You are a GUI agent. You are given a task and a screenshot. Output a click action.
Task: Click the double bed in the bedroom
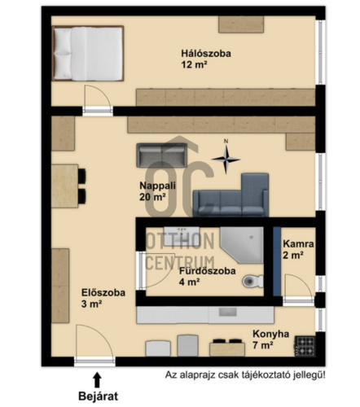88,54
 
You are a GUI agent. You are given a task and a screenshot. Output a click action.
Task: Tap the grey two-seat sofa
162,155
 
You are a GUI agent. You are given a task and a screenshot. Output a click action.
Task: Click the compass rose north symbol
226,159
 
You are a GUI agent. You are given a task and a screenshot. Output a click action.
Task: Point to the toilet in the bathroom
252,282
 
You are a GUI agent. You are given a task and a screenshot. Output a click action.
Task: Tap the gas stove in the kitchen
305,346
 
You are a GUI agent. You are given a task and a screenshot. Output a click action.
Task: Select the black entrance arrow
97,380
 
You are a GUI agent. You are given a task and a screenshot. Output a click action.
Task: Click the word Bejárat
99,396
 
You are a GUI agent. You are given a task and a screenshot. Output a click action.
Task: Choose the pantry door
298,288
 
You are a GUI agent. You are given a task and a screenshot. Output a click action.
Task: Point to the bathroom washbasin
182,235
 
